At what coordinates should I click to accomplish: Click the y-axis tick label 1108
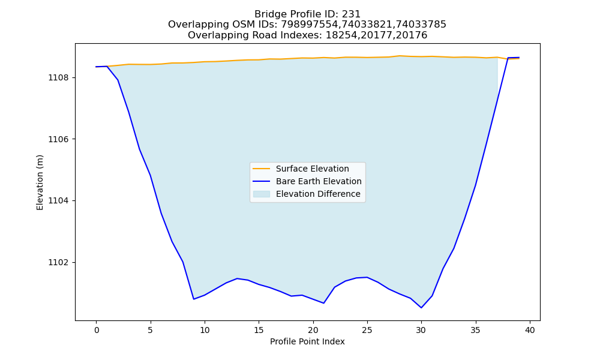(x=59, y=77)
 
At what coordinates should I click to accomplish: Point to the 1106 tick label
(x=59, y=139)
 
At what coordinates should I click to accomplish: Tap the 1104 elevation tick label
(x=59, y=201)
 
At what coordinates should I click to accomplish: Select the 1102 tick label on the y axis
(x=59, y=262)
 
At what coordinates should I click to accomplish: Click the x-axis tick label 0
(x=96, y=330)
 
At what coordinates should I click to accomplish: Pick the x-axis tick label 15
(x=259, y=330)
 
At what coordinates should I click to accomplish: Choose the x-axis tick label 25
(x=367, y=330)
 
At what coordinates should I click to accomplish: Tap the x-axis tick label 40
(x=530, y=330)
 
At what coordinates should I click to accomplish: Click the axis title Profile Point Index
(x=307, y=341)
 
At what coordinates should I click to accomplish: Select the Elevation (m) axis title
(x=40, y=182)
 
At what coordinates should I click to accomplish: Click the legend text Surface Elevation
(x=312, y=169)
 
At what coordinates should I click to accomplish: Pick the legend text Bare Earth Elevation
(x=319, y=181)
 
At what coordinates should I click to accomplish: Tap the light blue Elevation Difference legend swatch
(x=262, y=194)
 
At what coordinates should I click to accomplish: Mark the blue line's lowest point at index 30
(x=421, y=308)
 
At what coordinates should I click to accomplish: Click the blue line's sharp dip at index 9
(x=194, y=299)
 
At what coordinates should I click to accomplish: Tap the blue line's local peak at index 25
(x=367, y=277)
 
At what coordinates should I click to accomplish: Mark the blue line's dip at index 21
(x=324, y=304)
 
